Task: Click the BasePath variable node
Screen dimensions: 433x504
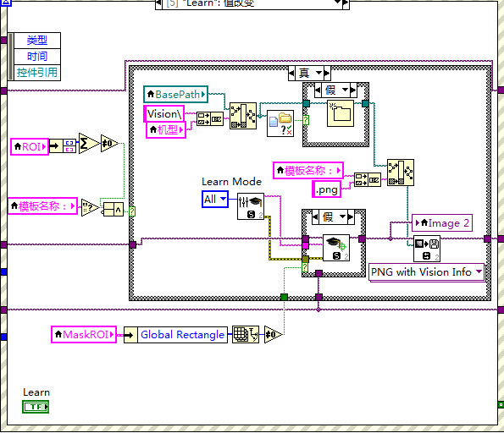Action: pyautogui.click(x=175, y=94)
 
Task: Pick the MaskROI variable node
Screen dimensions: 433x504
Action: pyautogui.click(x=83, y=334)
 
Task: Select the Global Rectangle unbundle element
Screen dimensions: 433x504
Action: pyautogui.click(x=182, y=335)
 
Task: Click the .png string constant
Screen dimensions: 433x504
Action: pyautogui.click(x=327, y=189)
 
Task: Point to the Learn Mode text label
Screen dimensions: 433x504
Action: pyautogui.click(x=231, y=181)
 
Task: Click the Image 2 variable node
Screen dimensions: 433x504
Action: pyautogui.click(x=440, y=223)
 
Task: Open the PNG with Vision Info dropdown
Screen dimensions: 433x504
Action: pyautogui.click(x=426, y=272)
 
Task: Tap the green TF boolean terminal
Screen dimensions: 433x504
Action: pyautogui.click(x=36, y=407)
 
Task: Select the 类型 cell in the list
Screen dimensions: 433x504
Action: pyautogui.click(x=37, y=40)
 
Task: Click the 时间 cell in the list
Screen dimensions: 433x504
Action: pyautogui.click(x=37, y=56)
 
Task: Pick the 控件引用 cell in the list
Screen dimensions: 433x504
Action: pyautogui.click(x=37, y=73)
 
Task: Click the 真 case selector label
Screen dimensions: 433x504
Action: pyautogui.click(x=303, y=74)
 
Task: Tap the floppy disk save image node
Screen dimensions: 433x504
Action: pyautogui.click(x=426, y=249)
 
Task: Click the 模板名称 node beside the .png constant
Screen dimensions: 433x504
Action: pyautogui.click(x=307, y=171)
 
